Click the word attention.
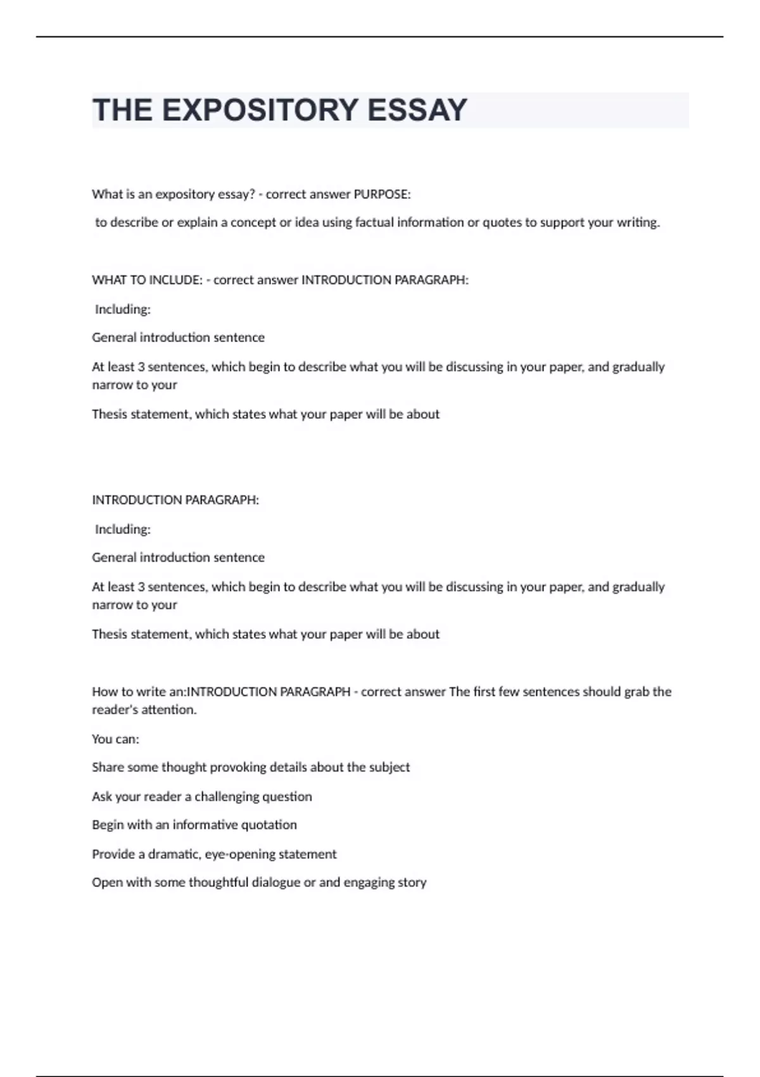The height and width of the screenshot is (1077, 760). click(170, 710)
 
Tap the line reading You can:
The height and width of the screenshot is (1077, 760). click(115, 739)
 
